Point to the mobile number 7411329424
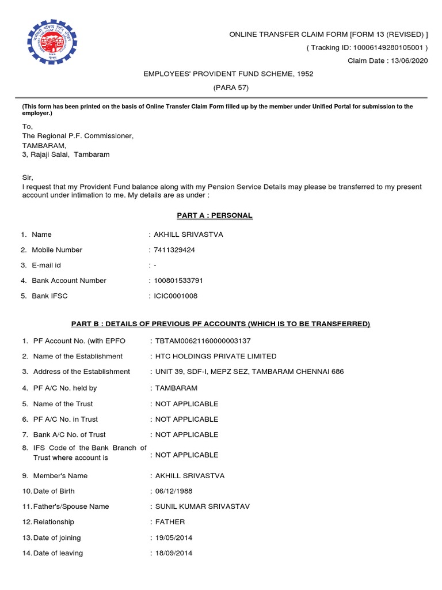tap(176, 250)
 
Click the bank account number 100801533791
tap(178, 281)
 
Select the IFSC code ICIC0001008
tap(176, 296)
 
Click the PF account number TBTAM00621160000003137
tap(203, 341)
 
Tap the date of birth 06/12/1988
tap(174, 491)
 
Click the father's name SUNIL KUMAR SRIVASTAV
tap(203, 506)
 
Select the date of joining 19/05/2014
tap(174, 538)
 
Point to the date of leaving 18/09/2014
tap(174, 553)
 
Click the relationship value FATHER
tap(170, 522)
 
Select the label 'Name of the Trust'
tap(63, 404)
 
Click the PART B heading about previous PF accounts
tap(220, 324)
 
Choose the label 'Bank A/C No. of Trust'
tap(69, 434)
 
